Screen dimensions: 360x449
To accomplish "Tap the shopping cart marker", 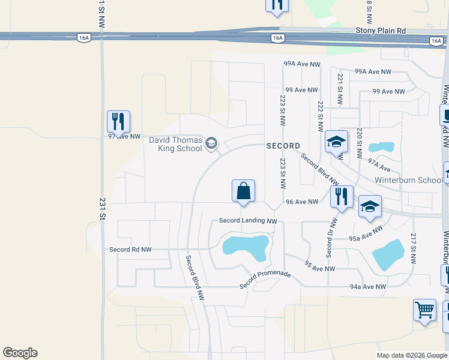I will tap(424, 310).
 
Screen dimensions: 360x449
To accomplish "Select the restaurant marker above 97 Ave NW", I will tap(118, 121).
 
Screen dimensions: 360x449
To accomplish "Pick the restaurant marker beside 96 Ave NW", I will tap(341, 196).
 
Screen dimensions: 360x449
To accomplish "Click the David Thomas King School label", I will tap(175, 144).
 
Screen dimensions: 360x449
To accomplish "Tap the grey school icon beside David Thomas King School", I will tap(211, 143).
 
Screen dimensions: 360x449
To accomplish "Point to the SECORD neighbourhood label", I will tap(283, 146).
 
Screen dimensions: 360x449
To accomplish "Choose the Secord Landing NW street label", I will tap(248, 221).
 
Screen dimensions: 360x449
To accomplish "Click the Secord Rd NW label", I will tap(130, 249).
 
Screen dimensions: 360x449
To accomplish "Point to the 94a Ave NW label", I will tap(369, 287).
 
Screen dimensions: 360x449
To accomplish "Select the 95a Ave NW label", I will tap(366, 234).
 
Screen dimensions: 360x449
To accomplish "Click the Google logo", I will tap(20, 353).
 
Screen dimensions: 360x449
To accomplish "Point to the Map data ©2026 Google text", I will tap(411, 355).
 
